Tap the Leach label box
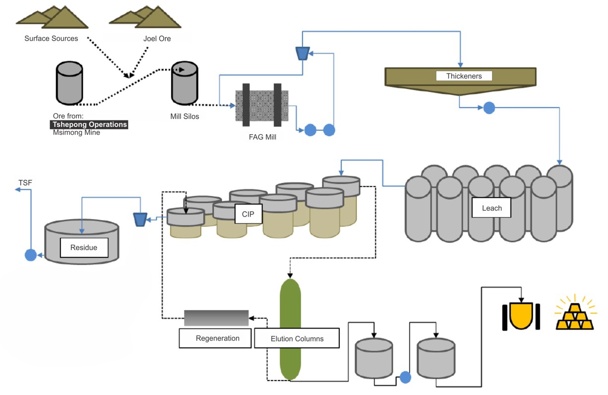[x=491, y=208]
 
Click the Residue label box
[x=84, y=247]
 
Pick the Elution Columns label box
[x=297, y=339]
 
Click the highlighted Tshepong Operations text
[x=89, y=124]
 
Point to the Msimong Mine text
[x=76, y=132]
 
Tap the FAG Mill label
[x=262, y=137]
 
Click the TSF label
[x=25, y=183]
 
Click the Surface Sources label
[x=51, y=38]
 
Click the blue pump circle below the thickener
[x=489, y=108]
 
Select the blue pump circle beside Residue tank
[x=31, y=255]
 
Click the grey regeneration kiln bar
[x=216, y=318]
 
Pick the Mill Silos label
[x=184, y=116]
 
